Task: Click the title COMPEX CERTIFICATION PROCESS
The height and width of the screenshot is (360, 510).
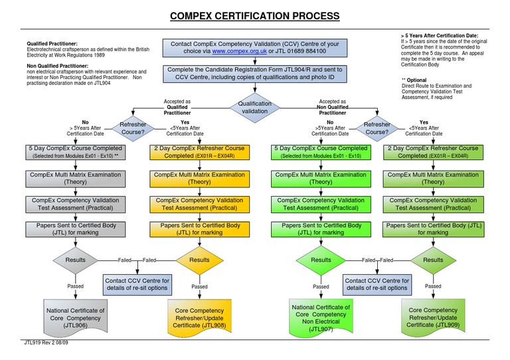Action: [x=255, y=16]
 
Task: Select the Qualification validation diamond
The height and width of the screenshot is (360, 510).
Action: [x=255, y=108]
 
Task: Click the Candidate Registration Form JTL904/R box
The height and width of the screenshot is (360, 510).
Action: [x=255, y=73]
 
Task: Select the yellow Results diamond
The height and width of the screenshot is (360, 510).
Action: [x=199, y=260]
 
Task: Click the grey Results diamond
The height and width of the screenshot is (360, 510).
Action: [x=75, y=260]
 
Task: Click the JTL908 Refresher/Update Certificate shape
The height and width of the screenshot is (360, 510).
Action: [x=199, y=315]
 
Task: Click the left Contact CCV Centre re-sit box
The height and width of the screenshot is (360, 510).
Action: [x=137, y=284]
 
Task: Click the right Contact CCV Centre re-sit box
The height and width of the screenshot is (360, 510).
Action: [x=377, y=284]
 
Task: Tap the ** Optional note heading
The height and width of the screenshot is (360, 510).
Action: [x=416, y=80]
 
